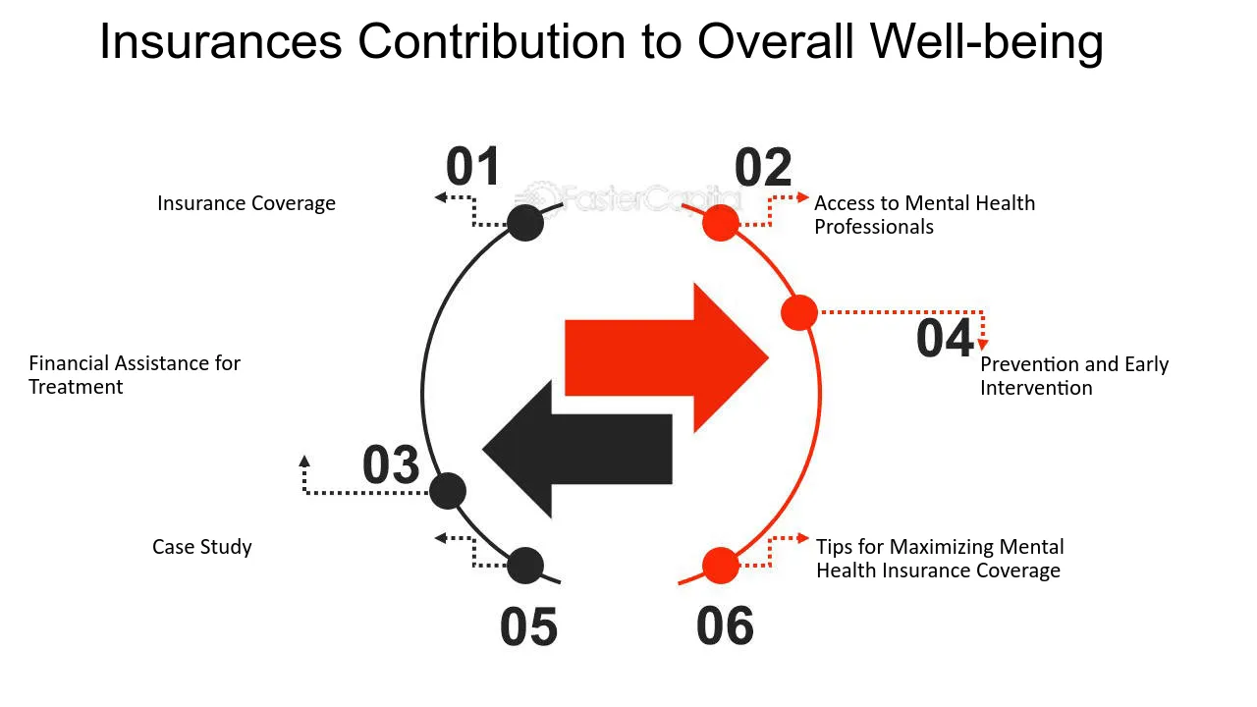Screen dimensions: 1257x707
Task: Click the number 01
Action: (472, 166)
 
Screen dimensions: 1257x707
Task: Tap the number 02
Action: (763, 167)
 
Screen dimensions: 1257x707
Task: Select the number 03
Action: (391, 464)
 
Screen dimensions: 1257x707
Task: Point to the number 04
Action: (945, 338)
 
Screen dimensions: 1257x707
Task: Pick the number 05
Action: (528, 626)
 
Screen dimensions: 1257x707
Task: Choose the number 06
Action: (725, 625)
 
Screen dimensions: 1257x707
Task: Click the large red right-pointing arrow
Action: (667, 358)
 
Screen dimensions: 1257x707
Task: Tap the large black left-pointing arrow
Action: (577, 449)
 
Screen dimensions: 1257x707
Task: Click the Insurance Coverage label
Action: (246, 203)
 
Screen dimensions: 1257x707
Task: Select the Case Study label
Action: (202, 547)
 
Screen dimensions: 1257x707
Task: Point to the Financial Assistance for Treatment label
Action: (135, 375)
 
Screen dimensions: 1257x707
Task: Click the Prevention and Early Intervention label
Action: (1074, 376)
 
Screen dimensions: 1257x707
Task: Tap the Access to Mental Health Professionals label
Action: (925, 215)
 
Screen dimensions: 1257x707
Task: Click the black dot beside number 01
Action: (525, 223)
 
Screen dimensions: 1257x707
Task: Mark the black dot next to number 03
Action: (447, 491)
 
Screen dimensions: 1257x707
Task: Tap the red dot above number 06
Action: (721, 565)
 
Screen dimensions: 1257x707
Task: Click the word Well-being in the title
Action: (987, 42)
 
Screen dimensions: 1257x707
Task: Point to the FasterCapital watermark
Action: (628, 197)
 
